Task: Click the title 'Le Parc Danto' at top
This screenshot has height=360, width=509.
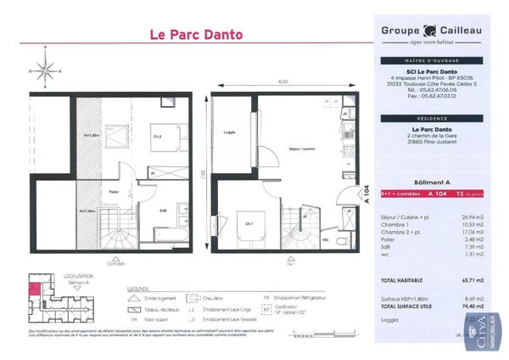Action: pos(195,35)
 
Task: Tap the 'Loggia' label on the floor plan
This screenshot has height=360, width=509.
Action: pos(228,132)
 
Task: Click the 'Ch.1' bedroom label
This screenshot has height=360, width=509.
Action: pos(249,222)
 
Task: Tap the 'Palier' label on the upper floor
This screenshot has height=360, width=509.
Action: pos(113,192)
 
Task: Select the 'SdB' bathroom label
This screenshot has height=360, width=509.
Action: pos(162,210)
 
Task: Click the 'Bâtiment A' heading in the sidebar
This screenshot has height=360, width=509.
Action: pos(432,183)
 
